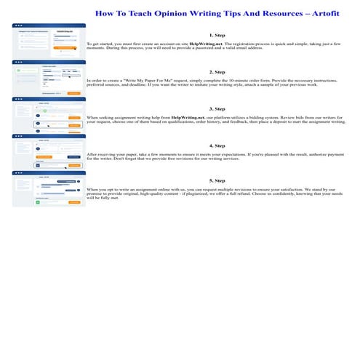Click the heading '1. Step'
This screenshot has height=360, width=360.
pos(216,35)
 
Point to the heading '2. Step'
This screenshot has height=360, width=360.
pos(216,72)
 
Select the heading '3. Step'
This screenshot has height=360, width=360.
pos(216,108)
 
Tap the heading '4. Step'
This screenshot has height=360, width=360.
pos(216,145)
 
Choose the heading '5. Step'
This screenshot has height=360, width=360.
pos(216,180)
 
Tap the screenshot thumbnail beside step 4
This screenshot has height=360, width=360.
pos(49,151)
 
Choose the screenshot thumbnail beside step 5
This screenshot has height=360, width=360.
pos(49,188)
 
